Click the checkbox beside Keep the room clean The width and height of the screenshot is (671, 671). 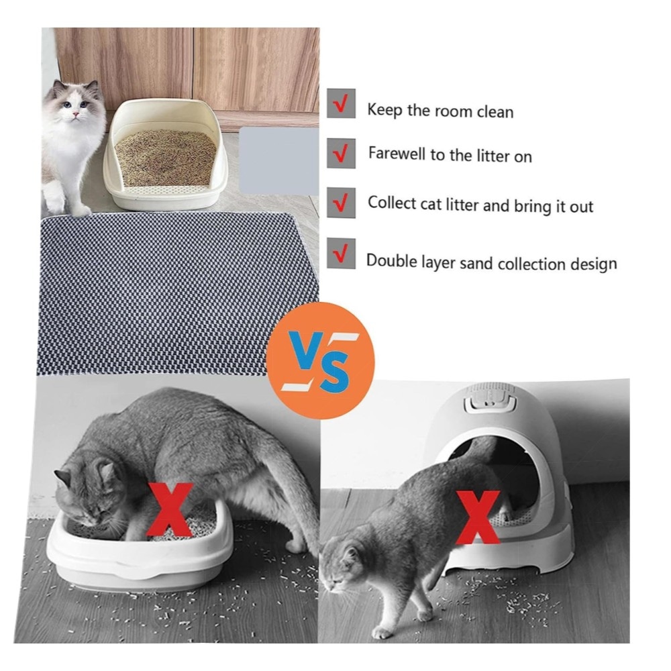click(x=341, y=103)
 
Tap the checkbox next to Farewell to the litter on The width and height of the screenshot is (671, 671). click(x=341, y=153)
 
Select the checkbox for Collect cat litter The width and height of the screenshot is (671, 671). click(x=341, y=203)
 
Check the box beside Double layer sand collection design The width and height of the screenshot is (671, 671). click(x=341, y=254)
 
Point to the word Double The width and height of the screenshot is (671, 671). click(x=391, y=260)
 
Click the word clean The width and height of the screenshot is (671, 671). click(x=495, y=112)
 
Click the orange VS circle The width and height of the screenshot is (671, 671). click(x=320, y=360)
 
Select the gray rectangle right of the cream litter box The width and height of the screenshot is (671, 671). click(x=278, y=161)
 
